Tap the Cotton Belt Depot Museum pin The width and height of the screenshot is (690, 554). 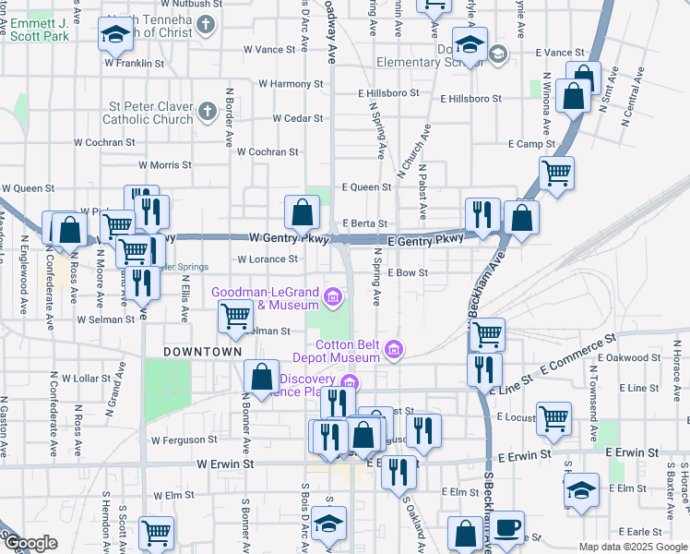tap(394, 349)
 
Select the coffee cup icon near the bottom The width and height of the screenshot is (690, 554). tap(506, 528)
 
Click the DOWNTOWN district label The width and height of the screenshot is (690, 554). tap(202, 353)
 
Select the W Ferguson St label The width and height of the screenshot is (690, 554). tap(184, 440)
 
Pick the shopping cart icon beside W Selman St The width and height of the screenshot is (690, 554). tap(235, 317)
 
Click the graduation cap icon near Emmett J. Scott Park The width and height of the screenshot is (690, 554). tap(116, 35)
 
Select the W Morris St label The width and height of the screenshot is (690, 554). tap(165, 165)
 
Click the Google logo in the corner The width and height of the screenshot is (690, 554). tap(30, 544)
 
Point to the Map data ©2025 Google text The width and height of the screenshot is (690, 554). tap(633, 547)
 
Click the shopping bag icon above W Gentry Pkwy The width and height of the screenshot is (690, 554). tap(302, 213)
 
